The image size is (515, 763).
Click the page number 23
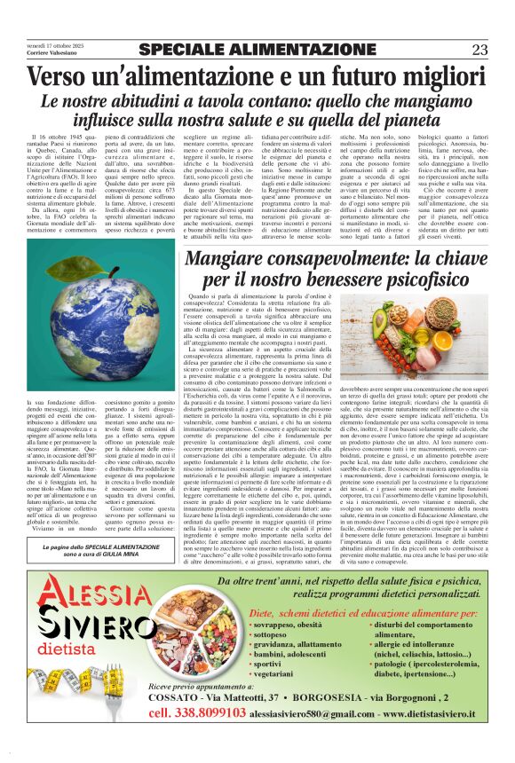click(x=479, y=50)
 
